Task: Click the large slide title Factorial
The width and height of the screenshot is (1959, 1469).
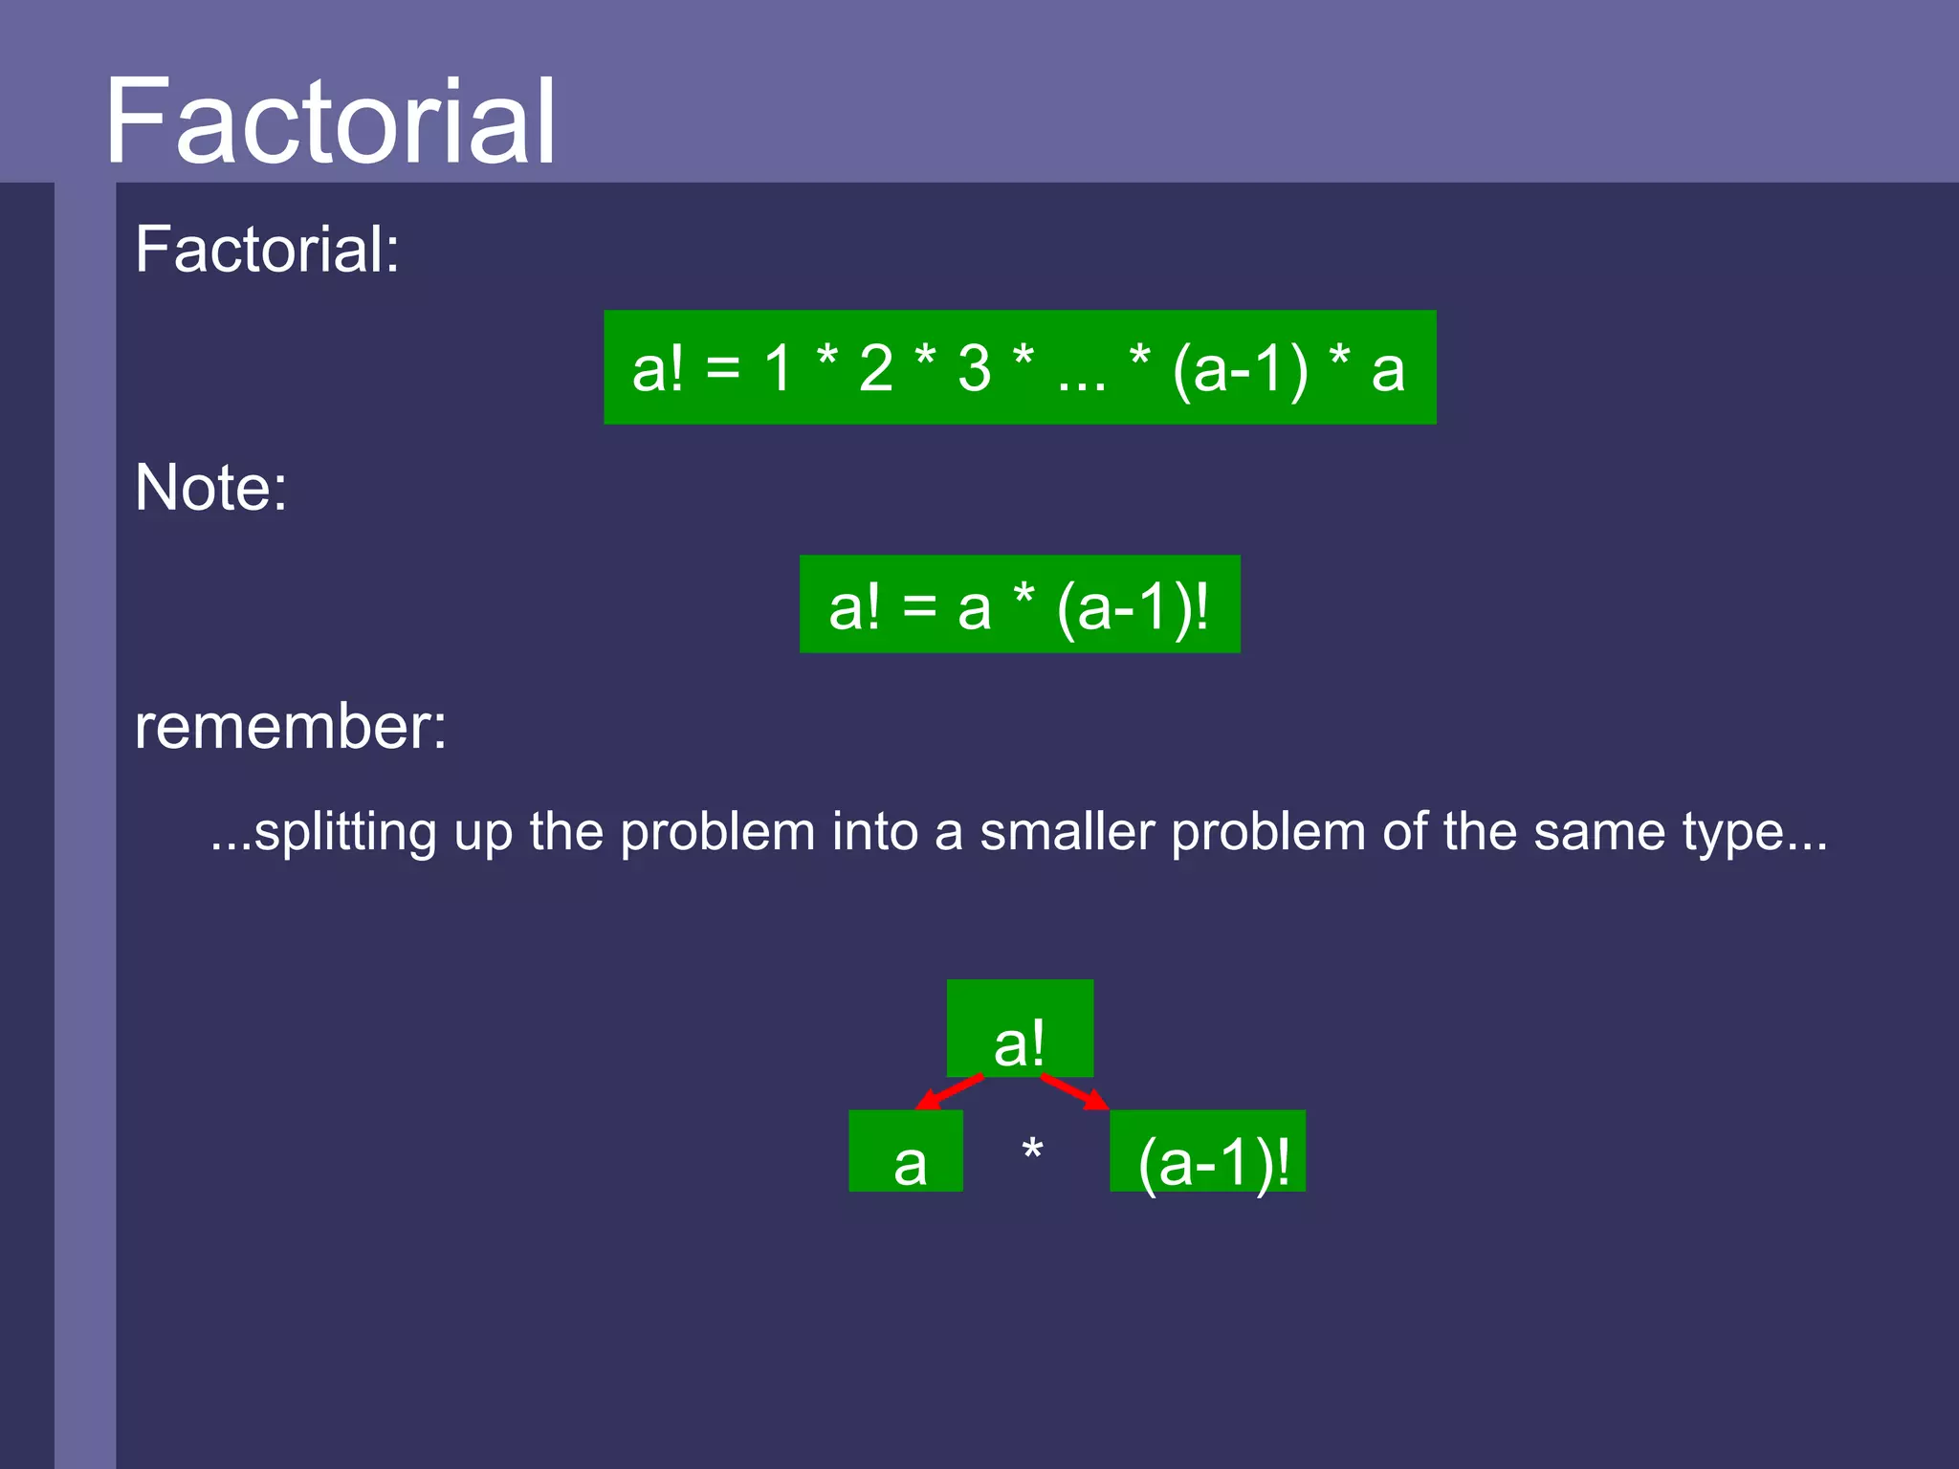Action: point(330,122)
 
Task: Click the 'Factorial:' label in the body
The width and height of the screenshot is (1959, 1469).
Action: point(267,250)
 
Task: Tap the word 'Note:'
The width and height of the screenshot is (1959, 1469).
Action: point(210,488)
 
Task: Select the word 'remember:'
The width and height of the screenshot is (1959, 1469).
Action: point(291,727)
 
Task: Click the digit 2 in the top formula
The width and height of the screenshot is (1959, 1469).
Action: point(875,368)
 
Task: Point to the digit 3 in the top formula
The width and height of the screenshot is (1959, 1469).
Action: point(974,368)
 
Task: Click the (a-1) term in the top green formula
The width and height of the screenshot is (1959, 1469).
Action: point(1240,368)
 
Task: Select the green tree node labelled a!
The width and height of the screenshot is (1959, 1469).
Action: point(1020,1029)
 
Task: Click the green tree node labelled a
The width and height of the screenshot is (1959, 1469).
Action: point(906,1151)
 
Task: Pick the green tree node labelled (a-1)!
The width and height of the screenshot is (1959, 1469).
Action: point(1208,1151)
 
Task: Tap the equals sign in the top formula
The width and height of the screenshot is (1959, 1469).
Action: point(723,368)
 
